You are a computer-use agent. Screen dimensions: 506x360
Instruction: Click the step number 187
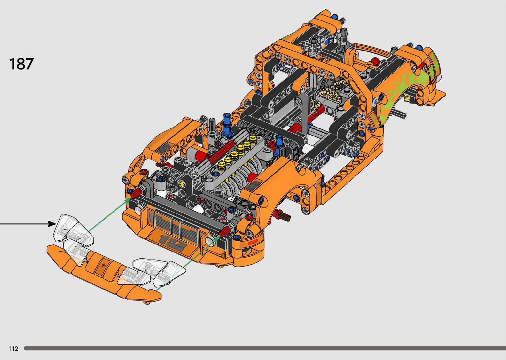21,63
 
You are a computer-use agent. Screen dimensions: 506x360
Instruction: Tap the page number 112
14,348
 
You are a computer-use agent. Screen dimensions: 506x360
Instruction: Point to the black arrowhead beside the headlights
53,224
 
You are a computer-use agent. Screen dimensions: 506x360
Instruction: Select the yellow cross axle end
182,184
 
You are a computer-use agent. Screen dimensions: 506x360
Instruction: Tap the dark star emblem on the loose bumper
104,265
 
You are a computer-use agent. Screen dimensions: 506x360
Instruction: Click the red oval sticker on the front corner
253,243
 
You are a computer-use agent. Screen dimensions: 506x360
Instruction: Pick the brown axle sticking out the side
285,216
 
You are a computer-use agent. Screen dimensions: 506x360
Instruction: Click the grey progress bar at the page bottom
265,348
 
